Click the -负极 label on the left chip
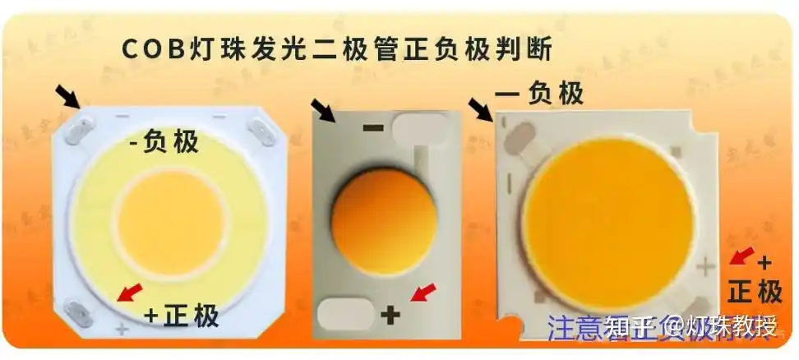click(164, 143)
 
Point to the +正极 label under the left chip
click(182, 315)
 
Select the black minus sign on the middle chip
click(373, 127)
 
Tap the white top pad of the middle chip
click(421, 127)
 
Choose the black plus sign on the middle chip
click(390, 313)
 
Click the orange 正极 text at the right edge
click(755, 291)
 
